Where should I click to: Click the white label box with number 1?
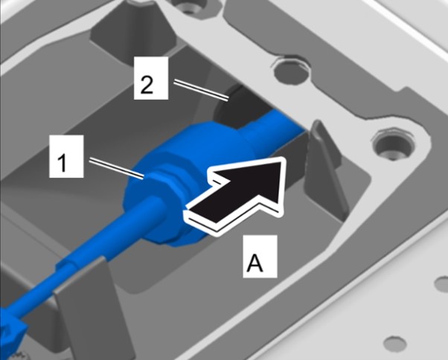(x=66, y=156)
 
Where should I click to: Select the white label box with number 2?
(x=151, y=78)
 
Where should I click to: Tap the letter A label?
(x=260, y=256)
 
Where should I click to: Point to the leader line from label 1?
(x=117, y=169)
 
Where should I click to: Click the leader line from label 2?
(x=202, y=90)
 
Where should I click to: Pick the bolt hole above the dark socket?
(x=291, y=71)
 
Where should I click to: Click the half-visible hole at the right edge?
(x=441, y=283)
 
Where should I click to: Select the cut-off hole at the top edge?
(x=186, y=5)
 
